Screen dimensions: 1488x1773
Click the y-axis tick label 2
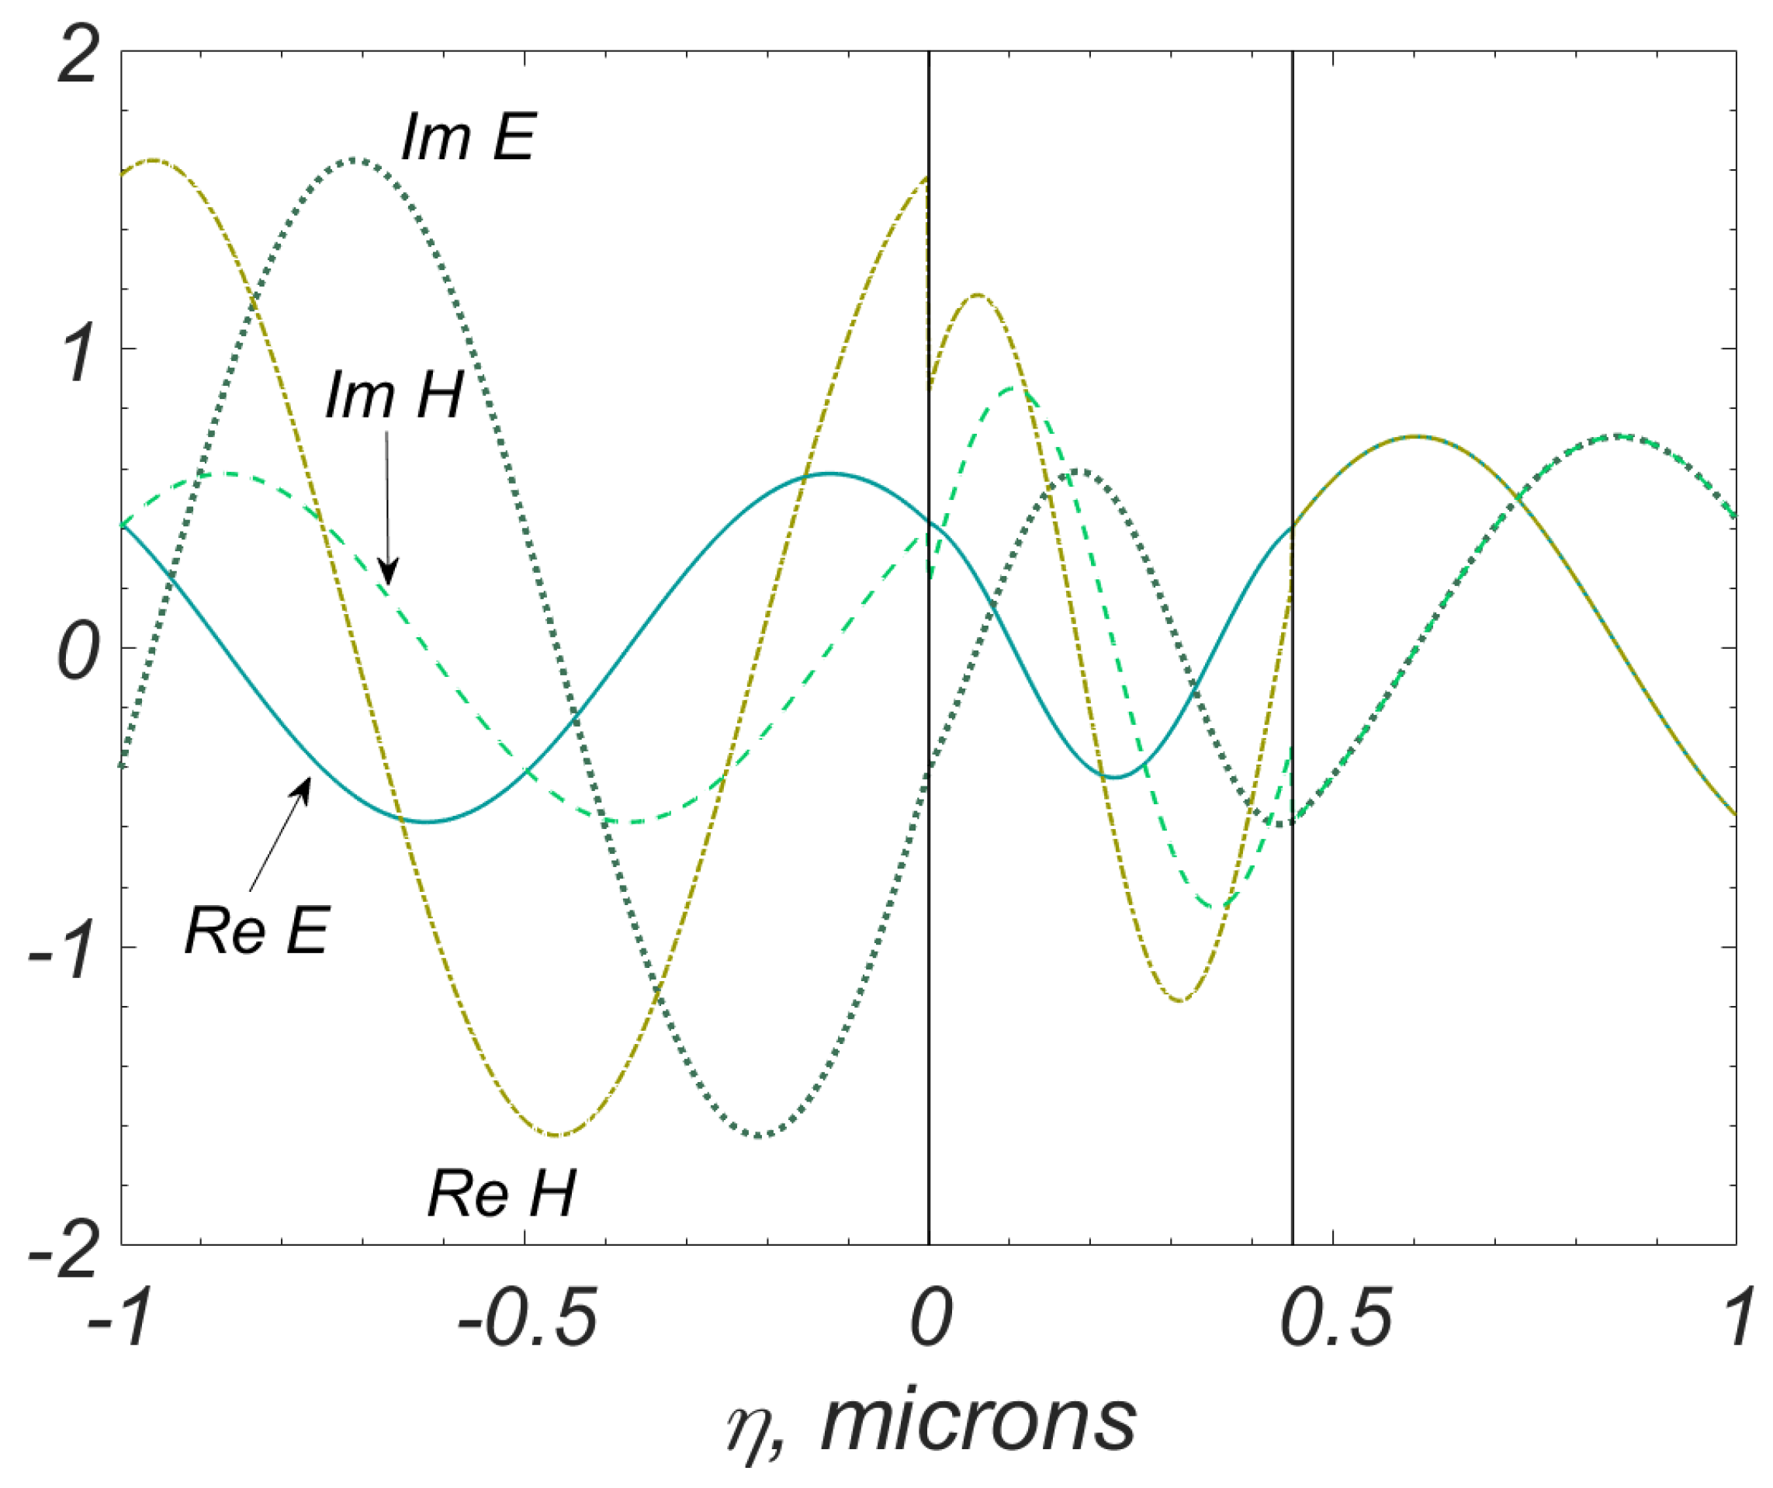click(78, 55)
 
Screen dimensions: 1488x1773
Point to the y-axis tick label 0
click(78, 652)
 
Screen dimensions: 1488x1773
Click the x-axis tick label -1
click(123, 1317)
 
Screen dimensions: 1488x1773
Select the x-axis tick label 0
click(930, 1317)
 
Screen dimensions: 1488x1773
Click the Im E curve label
click(469, 137)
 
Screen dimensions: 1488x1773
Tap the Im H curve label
click(394, 394)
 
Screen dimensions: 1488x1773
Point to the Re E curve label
click(257, 931)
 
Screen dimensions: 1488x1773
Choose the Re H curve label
click(501, 1194)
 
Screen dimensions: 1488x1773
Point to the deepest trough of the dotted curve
click(758, 1136)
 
